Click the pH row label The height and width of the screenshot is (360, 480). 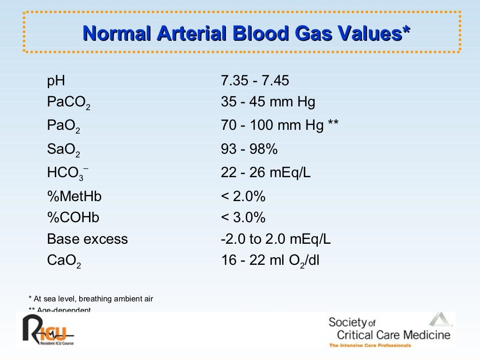pos(56,82)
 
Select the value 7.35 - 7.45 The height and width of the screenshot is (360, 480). pos(255,81)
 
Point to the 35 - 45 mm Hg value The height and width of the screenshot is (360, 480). pos(268,102)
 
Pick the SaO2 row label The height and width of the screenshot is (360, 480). pos(64,150)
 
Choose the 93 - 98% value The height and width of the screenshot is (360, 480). pos(249,150)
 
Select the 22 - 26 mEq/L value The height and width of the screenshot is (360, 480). pos(265,173)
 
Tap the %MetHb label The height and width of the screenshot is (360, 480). pos(74,196)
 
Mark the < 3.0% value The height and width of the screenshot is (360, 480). pos(243,218)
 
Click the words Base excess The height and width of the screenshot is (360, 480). pos(87,239)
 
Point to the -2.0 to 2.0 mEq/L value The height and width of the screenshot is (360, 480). pos(276,239)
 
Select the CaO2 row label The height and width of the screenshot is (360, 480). pos(64,261)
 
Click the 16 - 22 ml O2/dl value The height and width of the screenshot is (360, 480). pos(270,261)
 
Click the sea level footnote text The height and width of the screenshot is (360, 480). pos(91,299)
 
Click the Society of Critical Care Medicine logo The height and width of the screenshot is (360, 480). pos(389,330)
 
